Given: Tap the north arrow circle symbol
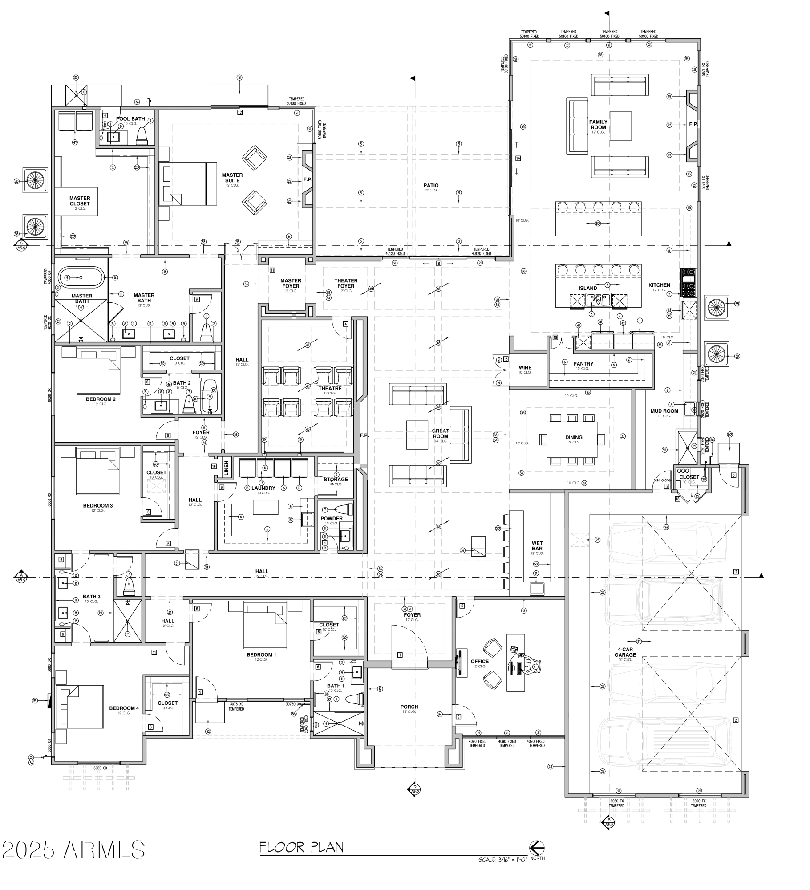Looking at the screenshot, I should (537, 847).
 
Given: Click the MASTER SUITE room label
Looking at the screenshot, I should (232, 177).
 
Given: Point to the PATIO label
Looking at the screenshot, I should (431, 185).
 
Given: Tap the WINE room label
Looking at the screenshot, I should (525, 368).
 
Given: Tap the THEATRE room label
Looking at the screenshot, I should (330, 388).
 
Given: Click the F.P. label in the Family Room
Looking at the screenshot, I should (693, 124).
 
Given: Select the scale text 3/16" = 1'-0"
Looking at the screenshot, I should (502, 859).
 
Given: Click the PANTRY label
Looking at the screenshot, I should (583, 364).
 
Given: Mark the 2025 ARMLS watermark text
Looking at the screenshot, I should (73, 849).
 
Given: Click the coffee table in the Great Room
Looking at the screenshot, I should (417, 435).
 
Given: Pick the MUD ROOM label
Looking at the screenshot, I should (664, 411).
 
